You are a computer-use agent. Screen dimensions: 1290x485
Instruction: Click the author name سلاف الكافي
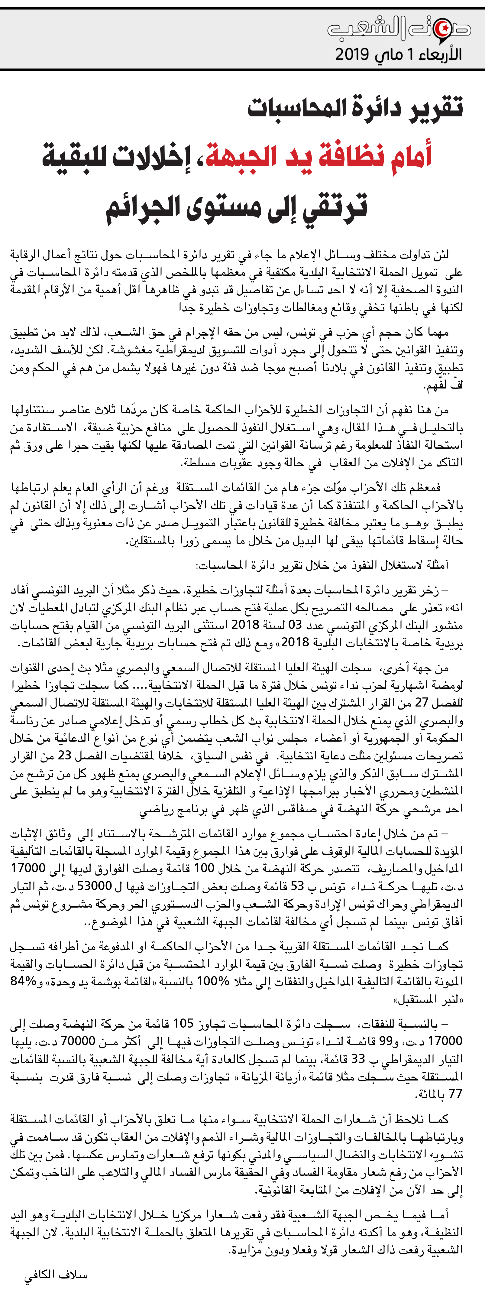coord(56,1275)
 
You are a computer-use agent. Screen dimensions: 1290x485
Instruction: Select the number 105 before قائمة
coord(183,1023)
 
